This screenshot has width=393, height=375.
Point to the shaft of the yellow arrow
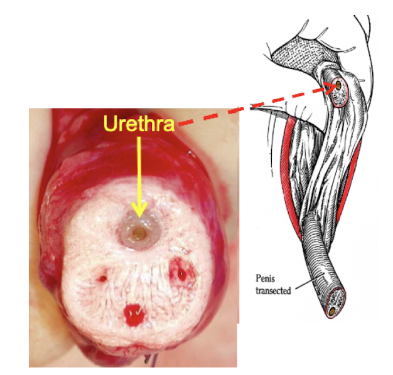[x=139, y=176]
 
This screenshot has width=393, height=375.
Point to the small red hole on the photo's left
[x=102, y=276]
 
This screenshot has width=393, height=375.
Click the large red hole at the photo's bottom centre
[x=133, y=312]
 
